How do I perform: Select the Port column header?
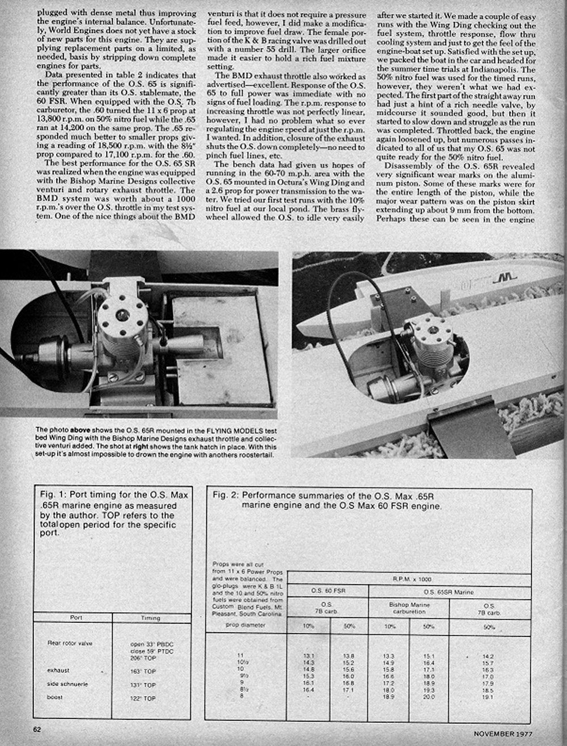(x=75, y=617)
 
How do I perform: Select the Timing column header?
(x=150, y=618)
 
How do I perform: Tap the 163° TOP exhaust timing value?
(x=142, y=671)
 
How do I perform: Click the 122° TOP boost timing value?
(x=142, y=698)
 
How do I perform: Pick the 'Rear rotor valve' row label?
(x=70, y=643)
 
